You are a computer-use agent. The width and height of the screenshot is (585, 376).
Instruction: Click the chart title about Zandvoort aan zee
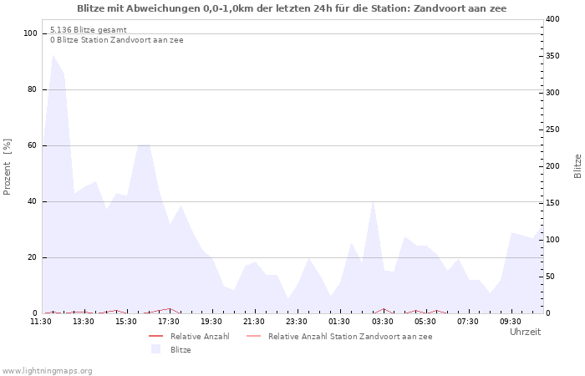292,8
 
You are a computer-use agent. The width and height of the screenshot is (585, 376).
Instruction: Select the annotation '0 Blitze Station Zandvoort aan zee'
117,40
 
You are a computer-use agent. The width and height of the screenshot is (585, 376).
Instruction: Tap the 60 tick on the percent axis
33,145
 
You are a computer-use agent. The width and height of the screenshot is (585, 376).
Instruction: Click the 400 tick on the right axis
553,19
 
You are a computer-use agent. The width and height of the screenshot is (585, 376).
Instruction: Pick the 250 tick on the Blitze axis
553,130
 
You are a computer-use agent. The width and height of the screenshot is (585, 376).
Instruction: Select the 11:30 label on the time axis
41,321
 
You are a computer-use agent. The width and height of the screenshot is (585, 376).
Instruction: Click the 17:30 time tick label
170,321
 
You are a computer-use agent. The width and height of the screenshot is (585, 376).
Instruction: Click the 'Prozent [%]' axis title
8,166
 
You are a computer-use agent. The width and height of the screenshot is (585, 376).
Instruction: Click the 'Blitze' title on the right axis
577,165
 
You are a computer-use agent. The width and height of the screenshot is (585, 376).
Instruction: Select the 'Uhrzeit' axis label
525,332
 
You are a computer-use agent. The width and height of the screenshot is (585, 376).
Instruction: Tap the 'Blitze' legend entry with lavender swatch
181,349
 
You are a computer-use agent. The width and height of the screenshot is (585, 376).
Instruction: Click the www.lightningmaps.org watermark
48,370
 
